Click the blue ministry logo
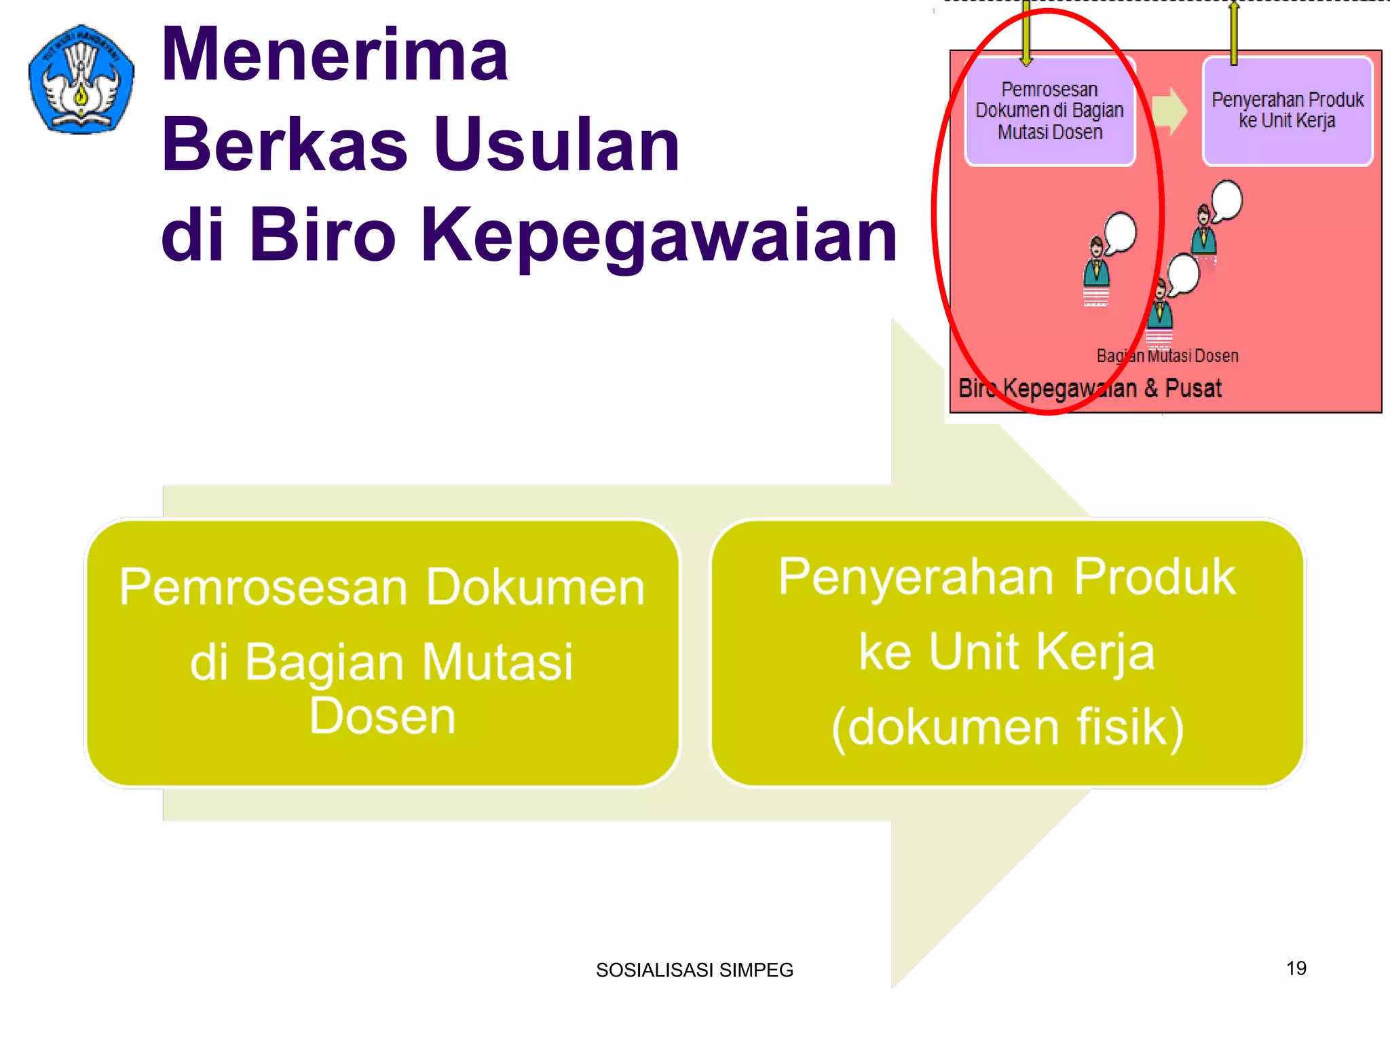point(81,79)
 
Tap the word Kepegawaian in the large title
point(658,234)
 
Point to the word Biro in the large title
point(322,234)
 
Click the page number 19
point(1296,968)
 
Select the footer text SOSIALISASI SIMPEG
point(694,970)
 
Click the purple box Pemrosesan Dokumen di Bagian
point(1050,111)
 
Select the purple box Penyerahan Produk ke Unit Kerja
point(1288,111)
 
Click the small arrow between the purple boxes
point(1169,111)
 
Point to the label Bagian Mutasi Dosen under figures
point(1167,356)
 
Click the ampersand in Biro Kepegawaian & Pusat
point(1151,388)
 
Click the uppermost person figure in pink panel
point(1204,231)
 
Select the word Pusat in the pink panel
point(1193,388)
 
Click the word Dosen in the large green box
point(382,716)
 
